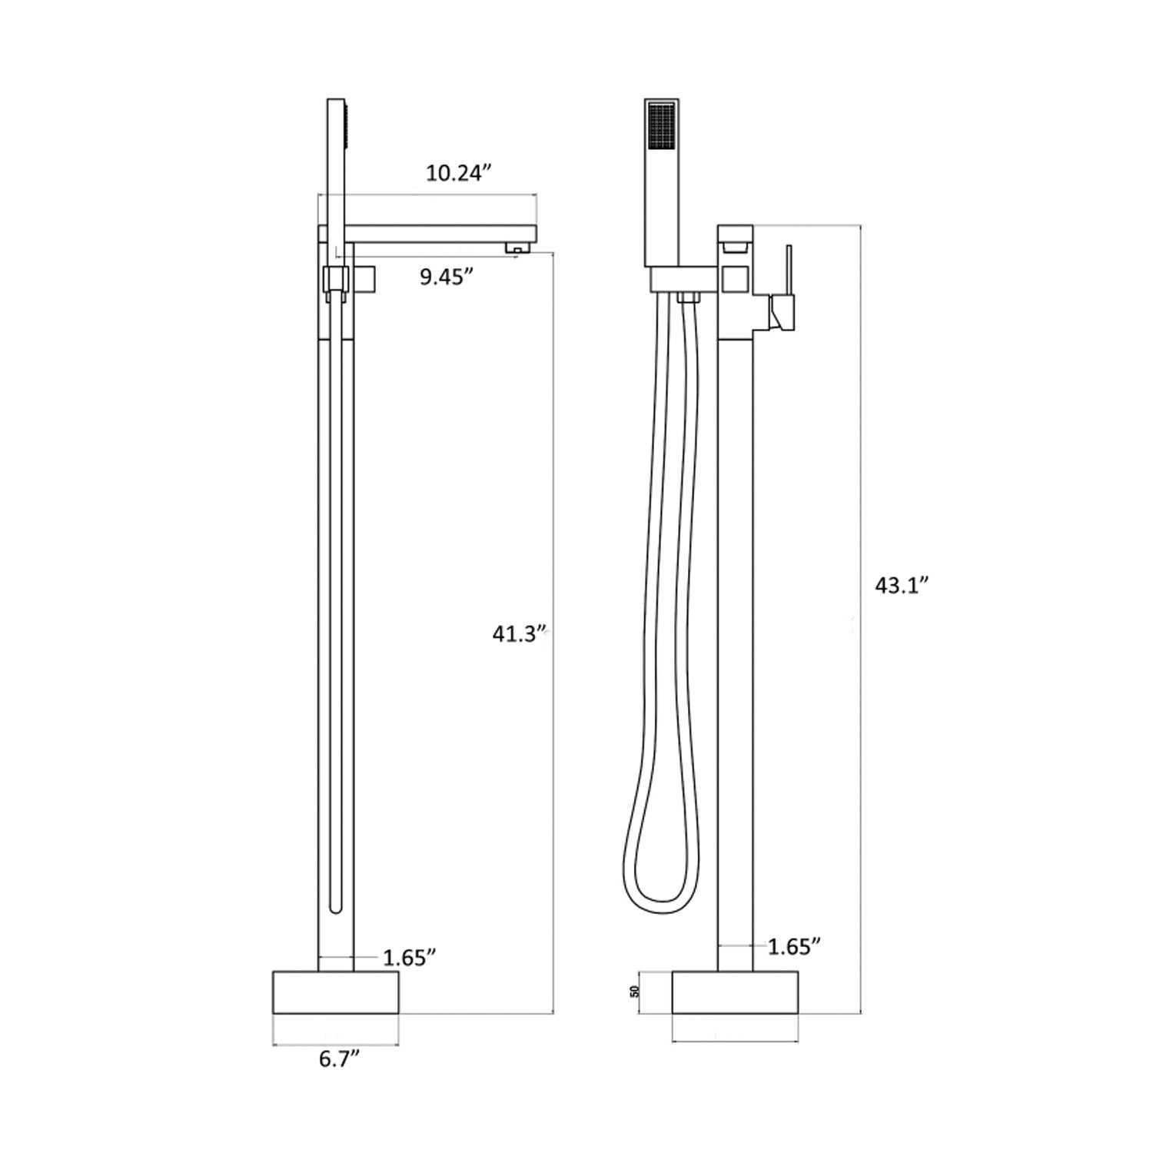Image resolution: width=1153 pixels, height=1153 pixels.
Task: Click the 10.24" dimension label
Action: pyautogui.click(x=458, y=174)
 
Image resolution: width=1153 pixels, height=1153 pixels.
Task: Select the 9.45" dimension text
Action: pyautogui.click(x=446, y=277)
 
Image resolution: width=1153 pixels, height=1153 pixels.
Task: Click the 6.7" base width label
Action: pyautogui.click(x=340, y=1060)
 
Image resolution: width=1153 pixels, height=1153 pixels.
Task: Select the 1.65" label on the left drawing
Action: pyautogui.click(x=410, y=958)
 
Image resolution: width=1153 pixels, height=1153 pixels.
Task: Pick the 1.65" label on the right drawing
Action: pyautogui.click(x=795, y=946)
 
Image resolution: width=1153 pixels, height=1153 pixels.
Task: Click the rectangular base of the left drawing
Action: pyautogui.click(x=336, y=992)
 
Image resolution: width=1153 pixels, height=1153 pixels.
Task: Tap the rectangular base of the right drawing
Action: pyautogui.click(x=735, y=992)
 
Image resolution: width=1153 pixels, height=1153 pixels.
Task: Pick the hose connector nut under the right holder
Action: pyautogui.click(x=688, y=298)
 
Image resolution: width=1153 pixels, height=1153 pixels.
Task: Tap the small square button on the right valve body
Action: pyautogui.click(x=736, y=278)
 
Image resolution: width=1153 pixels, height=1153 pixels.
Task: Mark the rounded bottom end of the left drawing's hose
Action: pyautogui.click(x=335, y=907)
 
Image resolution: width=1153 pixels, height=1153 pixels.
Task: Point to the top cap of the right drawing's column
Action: pyautogui.click(x=735, y=233)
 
